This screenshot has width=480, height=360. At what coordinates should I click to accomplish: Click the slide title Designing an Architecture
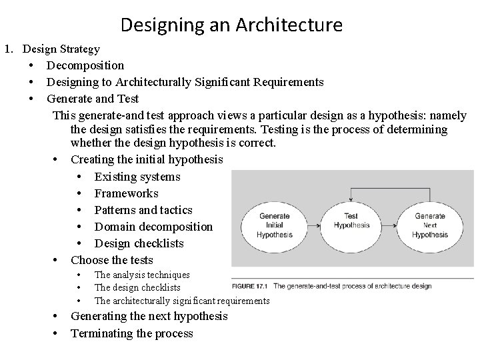[x=231, y=25]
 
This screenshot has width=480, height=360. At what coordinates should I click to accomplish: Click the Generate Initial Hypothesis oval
[x=274, y=225]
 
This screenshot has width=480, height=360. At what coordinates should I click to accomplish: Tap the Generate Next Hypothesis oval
[x=429, y=225]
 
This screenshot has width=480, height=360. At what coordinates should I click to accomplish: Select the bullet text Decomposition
[x=85, y=65]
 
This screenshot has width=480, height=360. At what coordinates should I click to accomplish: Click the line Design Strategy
[x=61, y=49]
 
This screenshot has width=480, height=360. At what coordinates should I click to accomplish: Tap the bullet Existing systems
[x=137, y=177]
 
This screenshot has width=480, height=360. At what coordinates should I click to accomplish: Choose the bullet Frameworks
[x=126, y=193]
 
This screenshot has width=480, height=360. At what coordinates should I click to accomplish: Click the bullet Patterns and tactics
[x=143, y=210]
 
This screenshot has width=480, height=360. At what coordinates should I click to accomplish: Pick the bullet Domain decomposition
[x=153, y=227]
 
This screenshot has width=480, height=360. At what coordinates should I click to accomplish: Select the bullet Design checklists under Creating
[x=139, y=243]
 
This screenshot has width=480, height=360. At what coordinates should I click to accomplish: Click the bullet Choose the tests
[x=111, y=260]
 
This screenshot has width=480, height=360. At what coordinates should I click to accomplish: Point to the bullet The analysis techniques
[x=142, y=275]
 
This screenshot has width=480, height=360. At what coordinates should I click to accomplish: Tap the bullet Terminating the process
[x=131, y=333]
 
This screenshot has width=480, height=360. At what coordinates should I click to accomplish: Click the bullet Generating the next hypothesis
[x=149, y=316]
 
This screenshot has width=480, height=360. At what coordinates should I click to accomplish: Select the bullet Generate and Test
[x=93, y=99]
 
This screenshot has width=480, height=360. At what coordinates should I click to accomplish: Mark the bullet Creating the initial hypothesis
[x=147, y=160]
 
